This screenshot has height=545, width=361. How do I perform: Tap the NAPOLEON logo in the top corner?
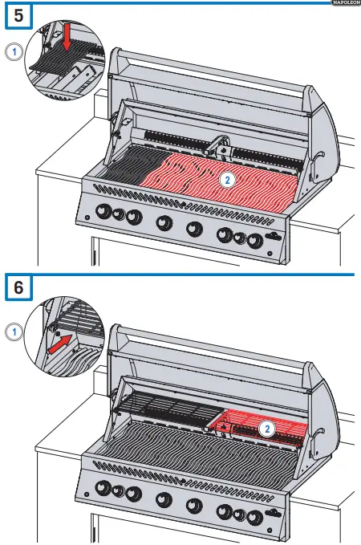(x=343, y=4)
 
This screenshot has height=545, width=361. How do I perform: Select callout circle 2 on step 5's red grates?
(x=228, y=181)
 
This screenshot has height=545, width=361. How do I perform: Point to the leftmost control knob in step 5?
(x=104, y=212)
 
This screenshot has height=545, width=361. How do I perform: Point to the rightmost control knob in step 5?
(x=255, y=241)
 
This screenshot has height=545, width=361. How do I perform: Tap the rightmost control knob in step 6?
(x=255, y=515)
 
